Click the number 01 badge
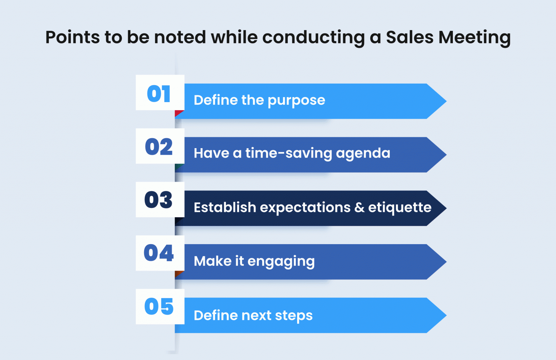click(160, 92)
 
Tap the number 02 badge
click(160, 146)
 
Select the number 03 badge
click(160, 200)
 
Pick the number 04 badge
click(160, 253)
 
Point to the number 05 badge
click(160, 307)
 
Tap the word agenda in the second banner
click(363, 154)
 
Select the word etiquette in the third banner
click(400, 208)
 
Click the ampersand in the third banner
click(359, 207)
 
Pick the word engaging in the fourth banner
click(281, 262)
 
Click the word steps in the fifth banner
click(294, 316)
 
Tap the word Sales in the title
click(409, 37)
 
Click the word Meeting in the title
click(475, 38)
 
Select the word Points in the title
click(72, 37)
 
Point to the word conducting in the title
click(313, 38)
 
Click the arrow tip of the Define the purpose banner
click(446, 101)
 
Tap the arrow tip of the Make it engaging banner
click(446, 262)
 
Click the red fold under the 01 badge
click(178, 113)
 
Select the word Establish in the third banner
click(225, 207)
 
